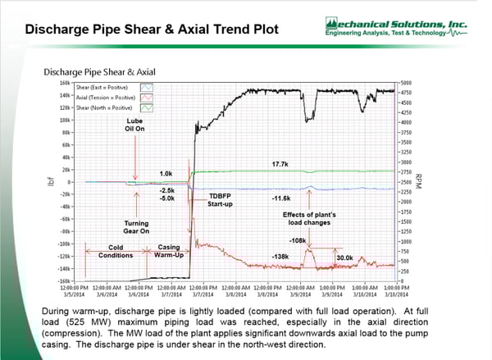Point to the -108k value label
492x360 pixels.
pos(298,240)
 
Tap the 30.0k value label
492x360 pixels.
pos(345,257)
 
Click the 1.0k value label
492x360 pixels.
pos(166,173)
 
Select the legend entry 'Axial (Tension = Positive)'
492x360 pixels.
pos(107,96)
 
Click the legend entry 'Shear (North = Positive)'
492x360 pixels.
pos(106,107)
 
